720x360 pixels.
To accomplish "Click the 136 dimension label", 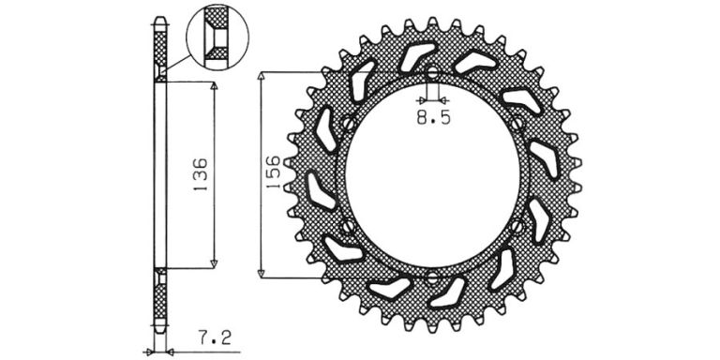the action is (201, 175).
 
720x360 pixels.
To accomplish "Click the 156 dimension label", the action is (272, 172).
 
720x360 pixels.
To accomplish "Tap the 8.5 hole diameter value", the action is (433, 118).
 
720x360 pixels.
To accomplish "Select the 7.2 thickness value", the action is (215, 338).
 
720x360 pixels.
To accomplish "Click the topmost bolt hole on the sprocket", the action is (432, 72).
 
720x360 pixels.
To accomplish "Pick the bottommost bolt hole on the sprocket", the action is (432, 277).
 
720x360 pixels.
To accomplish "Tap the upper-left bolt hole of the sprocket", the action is (349, 123).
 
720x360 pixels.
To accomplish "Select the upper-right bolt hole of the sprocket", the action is (517, 123).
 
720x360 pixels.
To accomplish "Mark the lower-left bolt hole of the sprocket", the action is (348, 226).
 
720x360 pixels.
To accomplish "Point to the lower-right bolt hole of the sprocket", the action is (517, 226).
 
